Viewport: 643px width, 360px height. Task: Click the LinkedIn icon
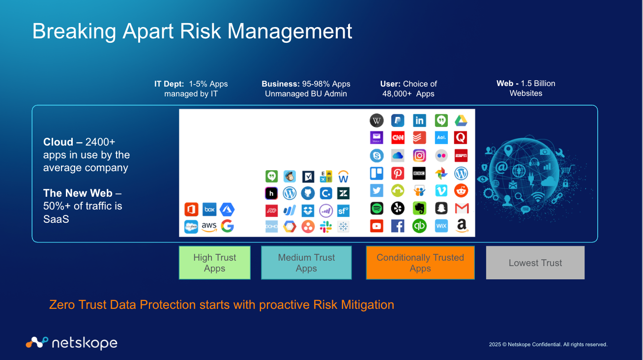[x=419, y=120]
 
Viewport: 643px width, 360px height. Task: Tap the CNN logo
[x=398, y=138]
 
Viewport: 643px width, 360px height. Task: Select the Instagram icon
[x=419, y=155]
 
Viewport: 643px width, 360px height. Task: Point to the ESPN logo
[x=461, y=155]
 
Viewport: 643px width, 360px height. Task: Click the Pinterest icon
[x=398, y=174]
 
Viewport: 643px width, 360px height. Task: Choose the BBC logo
[x=419, y=174]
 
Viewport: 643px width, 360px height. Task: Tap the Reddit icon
[x=461, y=191]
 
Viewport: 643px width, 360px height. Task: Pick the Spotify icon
[x=377, y=208]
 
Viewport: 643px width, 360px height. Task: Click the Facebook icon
[x=398, y=226]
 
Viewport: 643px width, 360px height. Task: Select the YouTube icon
[x=377, y=226]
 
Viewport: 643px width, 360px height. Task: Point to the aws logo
[x=209, y=226]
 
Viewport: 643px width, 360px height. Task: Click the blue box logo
[x=209, y=210]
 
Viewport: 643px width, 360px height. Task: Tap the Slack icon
[x=326, y=227]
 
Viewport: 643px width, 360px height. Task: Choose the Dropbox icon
[x=308, y=210]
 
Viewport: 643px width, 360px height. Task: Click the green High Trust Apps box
[x=215, y=263]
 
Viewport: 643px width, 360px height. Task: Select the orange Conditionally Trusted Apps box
[x=420, y=263]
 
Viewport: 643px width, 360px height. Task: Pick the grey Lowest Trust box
[x=535, y=263]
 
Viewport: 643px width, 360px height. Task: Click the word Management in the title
[x=290, y=31]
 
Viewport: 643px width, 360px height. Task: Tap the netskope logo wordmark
[x=85, y=343]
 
